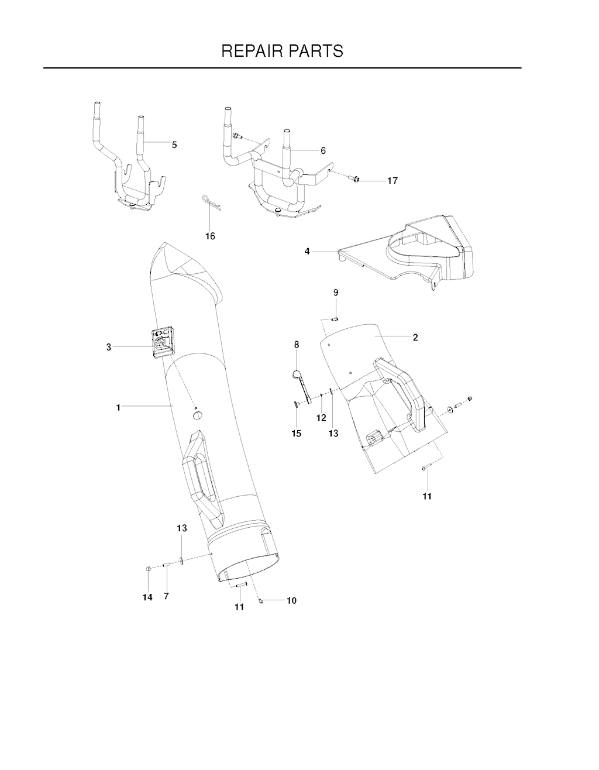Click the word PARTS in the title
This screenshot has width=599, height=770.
point(316,51)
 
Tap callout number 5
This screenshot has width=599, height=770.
point(174,145)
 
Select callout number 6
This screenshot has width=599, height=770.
point(323,150)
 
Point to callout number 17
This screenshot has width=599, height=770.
point(392,181)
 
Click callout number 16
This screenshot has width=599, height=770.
point(211,236)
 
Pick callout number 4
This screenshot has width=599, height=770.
point(307,251)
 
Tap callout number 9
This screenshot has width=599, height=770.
point(336,293)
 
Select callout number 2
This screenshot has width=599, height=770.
point(415,338)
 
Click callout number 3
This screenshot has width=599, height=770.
point(109,348)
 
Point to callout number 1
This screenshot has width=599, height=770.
point(118,408)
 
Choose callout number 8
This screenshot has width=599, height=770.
point(297,345)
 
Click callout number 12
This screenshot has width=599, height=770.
point(321,418)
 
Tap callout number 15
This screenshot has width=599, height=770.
point(297,434)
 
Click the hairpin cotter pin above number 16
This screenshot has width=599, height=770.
point(211,202)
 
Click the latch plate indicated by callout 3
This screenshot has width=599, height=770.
point(163,343)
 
